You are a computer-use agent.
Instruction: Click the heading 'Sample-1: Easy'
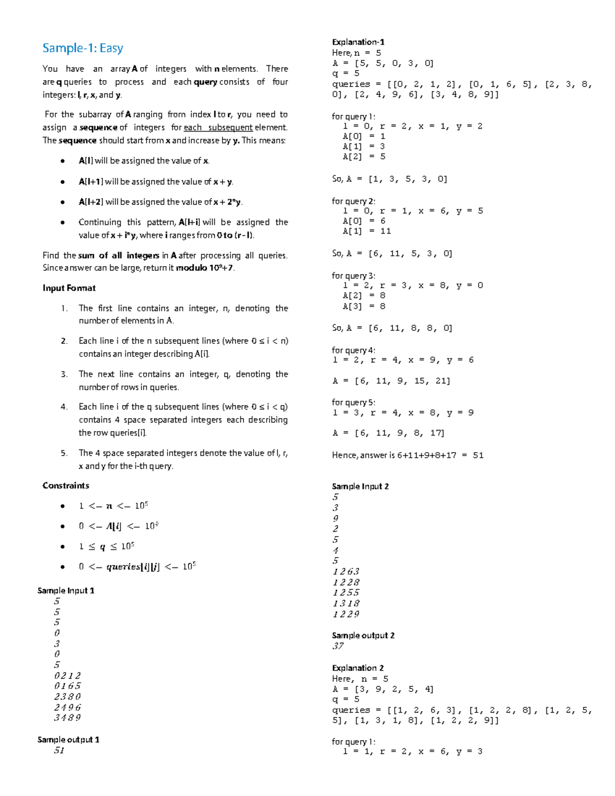(x=83, y=48)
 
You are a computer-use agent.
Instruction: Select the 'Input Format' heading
(x=69, y=288)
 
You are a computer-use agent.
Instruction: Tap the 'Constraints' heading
(x=66, y=485)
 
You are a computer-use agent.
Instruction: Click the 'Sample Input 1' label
(x=66, y=590)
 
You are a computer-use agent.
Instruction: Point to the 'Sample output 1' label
(x=68, y=740)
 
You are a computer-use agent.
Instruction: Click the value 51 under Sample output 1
(x=59, y=750)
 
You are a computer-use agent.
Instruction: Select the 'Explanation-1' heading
(x=358, y=42)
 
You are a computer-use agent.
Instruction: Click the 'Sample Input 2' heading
(x=360, y=486)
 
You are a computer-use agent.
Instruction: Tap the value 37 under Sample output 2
(x=338, y=646)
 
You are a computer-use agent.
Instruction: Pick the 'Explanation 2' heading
(x=358, y=668)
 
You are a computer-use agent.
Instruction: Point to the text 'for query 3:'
(x=353, y=276)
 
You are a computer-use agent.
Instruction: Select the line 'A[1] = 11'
(x=366, y=231)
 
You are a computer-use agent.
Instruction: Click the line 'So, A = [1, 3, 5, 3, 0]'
(x=389, y=179)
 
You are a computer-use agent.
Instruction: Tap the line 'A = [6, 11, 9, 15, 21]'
(x=391, y=381)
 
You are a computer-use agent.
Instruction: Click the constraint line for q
(x=107, y=546)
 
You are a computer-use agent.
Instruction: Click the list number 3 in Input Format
(x=64, y=374)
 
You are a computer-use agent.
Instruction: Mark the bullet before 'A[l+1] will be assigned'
(x=63, y=182)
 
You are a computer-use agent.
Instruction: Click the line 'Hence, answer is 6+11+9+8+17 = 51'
(x=407, y=455)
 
